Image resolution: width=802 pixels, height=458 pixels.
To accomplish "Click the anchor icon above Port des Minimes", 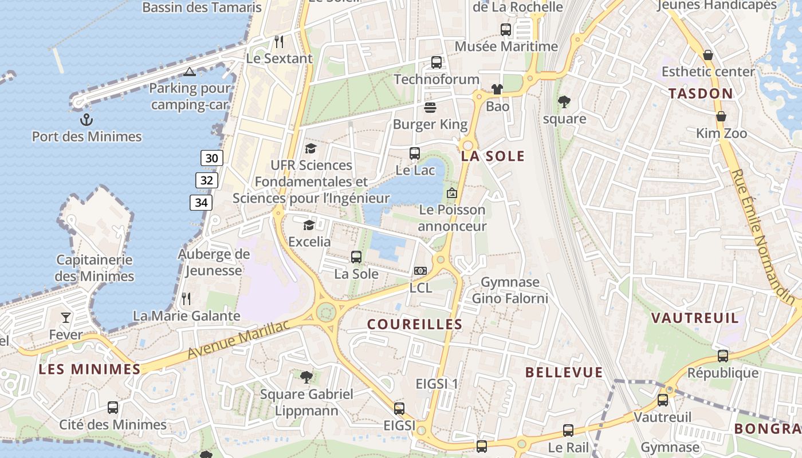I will (87, 120).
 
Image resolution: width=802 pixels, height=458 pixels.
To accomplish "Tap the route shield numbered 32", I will (207, 180).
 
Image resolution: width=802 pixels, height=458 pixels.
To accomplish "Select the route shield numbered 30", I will (211, 158).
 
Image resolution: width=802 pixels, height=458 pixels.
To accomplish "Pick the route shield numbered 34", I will (201, 202).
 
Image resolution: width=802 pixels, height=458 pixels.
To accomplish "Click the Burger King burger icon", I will (430, 108).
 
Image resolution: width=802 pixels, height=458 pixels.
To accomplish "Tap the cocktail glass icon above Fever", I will (66, 317).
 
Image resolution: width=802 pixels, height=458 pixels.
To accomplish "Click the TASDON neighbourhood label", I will (701, 93).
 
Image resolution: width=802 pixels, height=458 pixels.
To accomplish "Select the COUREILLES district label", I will (415, 324).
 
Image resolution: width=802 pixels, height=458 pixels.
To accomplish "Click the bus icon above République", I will (723, 356).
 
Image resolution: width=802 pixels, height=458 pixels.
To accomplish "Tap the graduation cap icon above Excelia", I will (309, 225).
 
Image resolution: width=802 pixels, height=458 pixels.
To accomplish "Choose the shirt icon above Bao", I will (497, 89).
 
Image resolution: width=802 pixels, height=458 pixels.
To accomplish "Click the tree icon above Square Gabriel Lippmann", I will (306, 377).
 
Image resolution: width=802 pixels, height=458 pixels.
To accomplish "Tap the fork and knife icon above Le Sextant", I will (279, 41).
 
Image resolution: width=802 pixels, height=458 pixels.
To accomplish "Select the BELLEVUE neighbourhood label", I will (564, 372).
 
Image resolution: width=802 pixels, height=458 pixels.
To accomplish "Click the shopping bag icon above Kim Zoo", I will (721, 116).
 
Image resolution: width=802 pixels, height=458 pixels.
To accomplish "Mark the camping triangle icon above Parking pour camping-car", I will (190, 72).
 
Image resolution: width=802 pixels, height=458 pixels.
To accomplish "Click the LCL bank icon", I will (420, 271).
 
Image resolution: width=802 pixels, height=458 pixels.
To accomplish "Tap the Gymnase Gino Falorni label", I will (510, 290).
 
